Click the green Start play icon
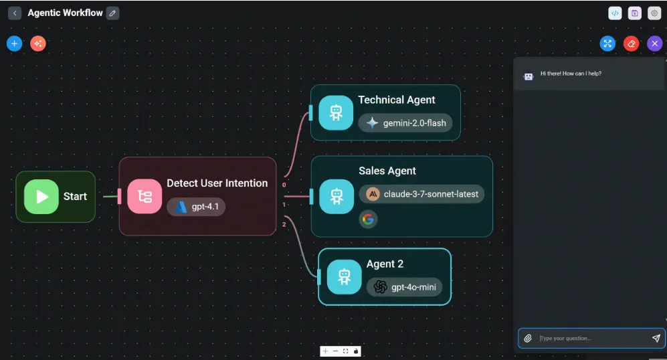(x=41, y=196)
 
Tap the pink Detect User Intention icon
(x=145, y=196)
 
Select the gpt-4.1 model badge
(x=196, y=207)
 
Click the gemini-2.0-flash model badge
(x=405, y=123)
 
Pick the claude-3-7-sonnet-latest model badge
(x=421, y=194)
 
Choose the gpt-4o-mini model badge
(x=404, y=287)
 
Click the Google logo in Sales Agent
(x=368, y=219)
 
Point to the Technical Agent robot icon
(x=336, y=112)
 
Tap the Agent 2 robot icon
(x=344, y=276)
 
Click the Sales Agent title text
(x=387, y=171)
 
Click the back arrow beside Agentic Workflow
(x=15, y=13)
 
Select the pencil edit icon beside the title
(x=112, y=13)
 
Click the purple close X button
(x=655, y=43)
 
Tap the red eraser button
(x=631, y=43)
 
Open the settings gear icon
(x=654, y=13)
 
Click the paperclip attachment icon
(x=528, y=339)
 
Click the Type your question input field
(x=589, y=339)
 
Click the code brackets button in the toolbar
(x=615, y=13)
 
